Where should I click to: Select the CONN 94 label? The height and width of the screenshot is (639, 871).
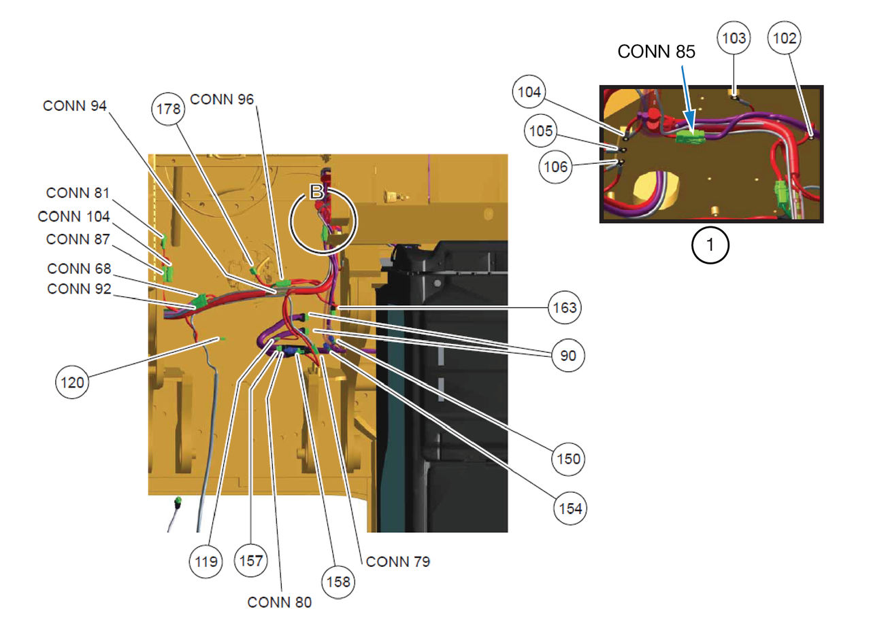76,105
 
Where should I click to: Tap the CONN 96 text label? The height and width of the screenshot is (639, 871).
222,99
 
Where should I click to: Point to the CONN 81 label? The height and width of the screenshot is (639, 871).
78,193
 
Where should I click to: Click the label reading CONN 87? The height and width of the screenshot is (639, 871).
78,239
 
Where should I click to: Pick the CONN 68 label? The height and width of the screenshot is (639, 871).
79,269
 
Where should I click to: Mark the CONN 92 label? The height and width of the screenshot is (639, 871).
79,289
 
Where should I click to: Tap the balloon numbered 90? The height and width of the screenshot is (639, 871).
568,356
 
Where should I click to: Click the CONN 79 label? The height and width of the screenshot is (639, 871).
397,562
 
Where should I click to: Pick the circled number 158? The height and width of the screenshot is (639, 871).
338,582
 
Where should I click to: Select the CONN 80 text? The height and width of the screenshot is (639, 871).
280,602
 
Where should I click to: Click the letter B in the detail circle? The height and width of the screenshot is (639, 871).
317,192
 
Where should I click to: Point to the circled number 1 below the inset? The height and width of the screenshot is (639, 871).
710,246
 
